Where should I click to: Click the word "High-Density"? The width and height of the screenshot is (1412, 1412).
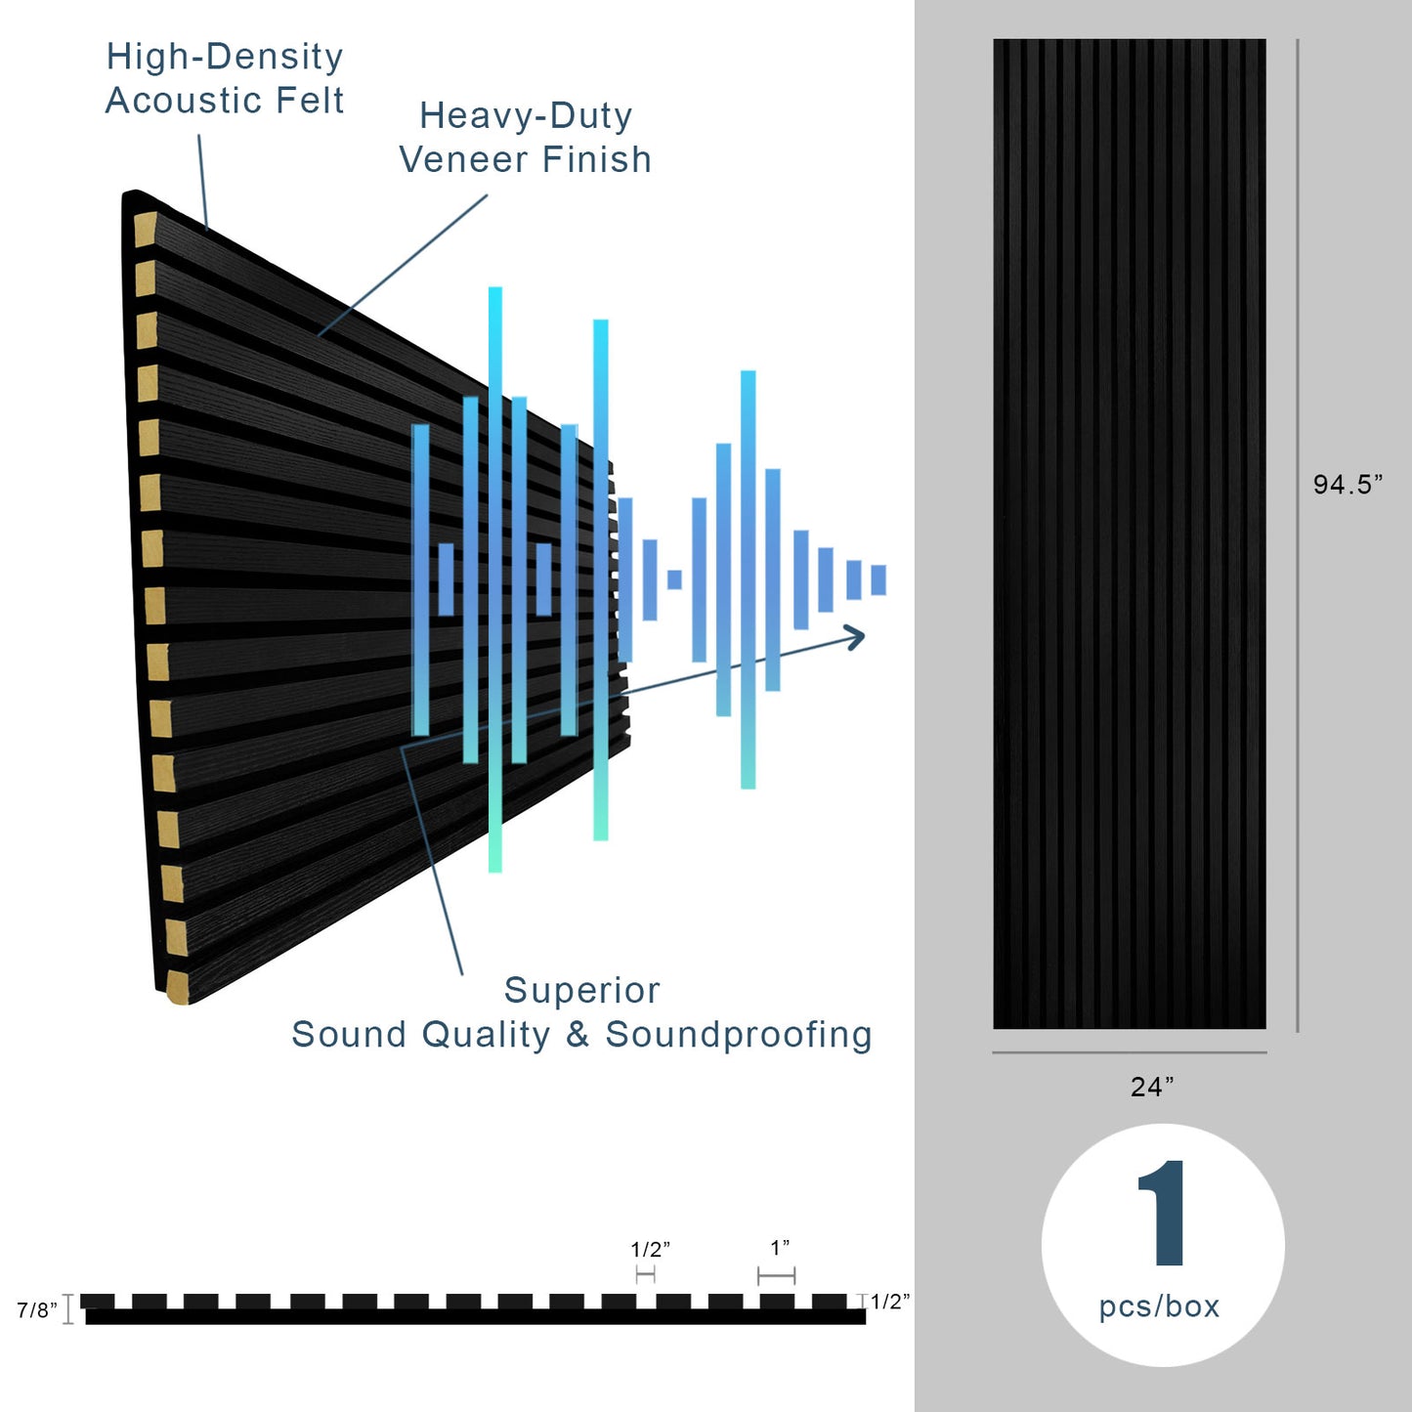coord(225,57)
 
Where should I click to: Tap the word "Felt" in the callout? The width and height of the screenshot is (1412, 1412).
coord(311,101)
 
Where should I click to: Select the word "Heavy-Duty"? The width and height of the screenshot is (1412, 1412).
coord(526,115)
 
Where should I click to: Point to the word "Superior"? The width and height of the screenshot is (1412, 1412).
coord(582,990)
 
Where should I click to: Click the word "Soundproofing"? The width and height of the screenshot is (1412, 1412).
coord(739,1034)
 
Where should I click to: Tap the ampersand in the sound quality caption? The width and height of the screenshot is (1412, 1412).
coord(578,1034)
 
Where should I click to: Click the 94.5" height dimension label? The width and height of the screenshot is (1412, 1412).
coord(1348,485)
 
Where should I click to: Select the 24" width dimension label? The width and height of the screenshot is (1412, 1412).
coord(1152,1087)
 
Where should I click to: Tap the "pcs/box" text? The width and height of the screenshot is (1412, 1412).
coord(1160,1306)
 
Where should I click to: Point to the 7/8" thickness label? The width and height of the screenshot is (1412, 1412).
coord(37,1310)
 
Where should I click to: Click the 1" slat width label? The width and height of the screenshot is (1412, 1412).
coord(780,1248)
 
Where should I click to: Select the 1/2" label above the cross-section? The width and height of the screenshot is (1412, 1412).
coord(650,1250)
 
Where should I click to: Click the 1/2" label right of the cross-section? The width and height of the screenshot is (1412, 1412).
coord(890,1302)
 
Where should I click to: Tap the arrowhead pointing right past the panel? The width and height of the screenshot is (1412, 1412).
coord(855,638)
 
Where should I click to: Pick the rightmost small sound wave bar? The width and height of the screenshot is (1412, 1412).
coord(878,579)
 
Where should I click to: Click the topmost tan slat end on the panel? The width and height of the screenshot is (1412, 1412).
coord(145,231)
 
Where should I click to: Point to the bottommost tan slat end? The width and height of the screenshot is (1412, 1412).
coord(178,987)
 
